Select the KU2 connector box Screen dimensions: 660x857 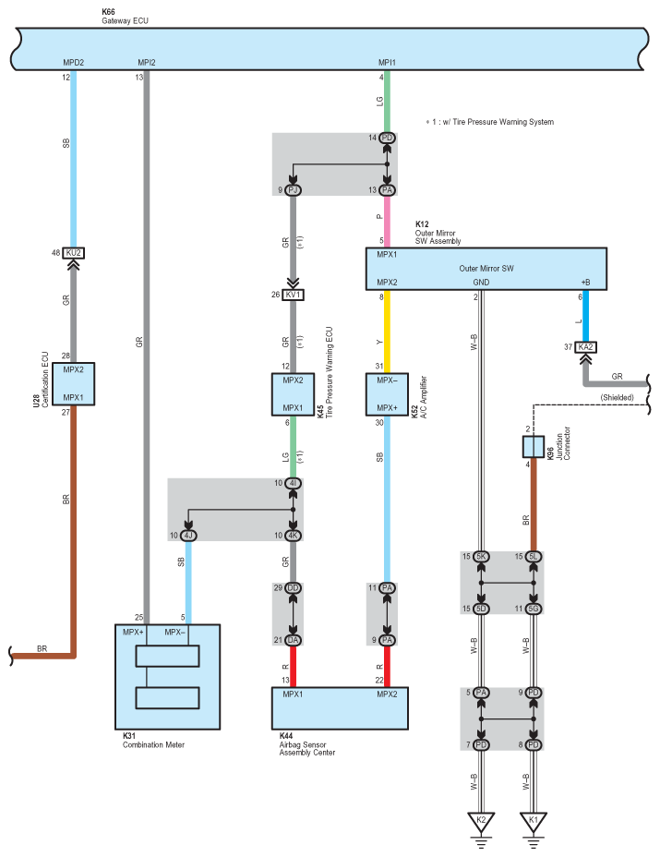point(73,253)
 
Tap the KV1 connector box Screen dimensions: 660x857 point(293,296)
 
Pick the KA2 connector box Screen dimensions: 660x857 point(585,347)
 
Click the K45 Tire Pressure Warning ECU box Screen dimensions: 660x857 point(293,394)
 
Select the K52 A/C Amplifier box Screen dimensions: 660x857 point(387,394)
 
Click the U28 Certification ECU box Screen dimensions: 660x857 point(73,383)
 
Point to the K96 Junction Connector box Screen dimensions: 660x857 point(534,447)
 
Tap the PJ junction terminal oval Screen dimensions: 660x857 point(293,190)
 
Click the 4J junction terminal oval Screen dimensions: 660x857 point(188,536)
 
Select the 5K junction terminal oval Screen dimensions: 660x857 point(481,557)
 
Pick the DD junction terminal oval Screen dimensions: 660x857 point(293,588)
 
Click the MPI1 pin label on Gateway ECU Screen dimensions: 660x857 point(387,63)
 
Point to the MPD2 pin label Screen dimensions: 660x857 point(73,63)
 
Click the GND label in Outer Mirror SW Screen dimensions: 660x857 point(481,283)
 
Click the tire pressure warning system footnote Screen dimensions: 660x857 point(490,122)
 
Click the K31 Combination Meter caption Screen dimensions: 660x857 point(153,741)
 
